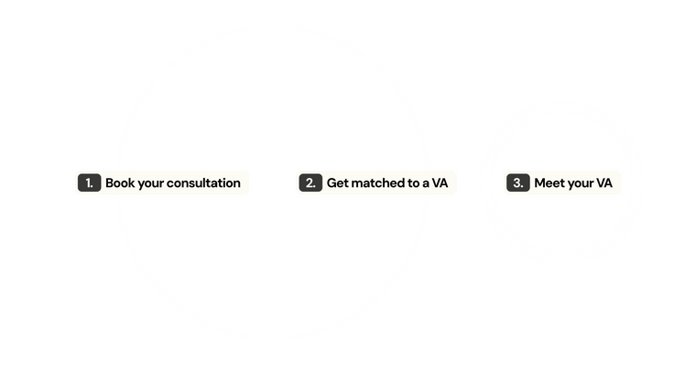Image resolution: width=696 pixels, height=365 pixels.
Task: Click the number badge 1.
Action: (x=89, y=183)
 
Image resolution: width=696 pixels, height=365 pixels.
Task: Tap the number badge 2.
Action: (x=310, y=183)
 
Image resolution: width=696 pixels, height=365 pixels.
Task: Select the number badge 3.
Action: (x=517, y=183)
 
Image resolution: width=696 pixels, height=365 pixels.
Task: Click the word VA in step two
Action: (x=440, y=183)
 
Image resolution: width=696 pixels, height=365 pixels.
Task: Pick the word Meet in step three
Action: (x=549, y=183)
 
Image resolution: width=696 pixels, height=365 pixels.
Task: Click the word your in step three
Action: (x=581, y=183)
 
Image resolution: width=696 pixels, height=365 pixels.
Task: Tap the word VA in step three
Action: (x=604, y=183)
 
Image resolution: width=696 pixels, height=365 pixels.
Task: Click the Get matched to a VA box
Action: (x=376, y=183)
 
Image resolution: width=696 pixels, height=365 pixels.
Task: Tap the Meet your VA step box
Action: (x=561, y=183)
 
